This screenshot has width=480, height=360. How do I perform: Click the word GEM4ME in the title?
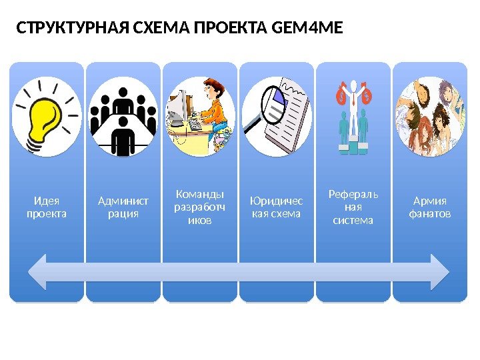308,29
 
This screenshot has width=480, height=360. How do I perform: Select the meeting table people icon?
123,121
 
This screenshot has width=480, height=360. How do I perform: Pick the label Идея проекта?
47,207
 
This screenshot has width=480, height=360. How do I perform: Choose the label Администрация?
123,207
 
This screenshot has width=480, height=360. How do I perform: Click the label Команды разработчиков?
199,207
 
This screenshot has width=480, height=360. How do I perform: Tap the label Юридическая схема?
276,207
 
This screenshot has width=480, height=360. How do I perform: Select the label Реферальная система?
353,207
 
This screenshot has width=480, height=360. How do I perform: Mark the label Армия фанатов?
430,207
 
